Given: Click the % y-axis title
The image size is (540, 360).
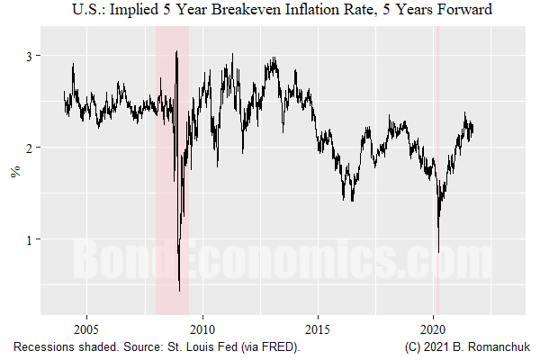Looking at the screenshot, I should click(x=14, y=171).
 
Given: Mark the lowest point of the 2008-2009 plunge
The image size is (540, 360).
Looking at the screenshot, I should click(x=180, y=291).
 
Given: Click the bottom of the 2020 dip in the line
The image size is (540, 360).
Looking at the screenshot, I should click(x=437, y=253).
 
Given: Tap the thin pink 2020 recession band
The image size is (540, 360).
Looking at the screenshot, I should click(x=436, y=108).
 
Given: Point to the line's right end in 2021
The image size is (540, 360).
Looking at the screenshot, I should click(x=473, y=128).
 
